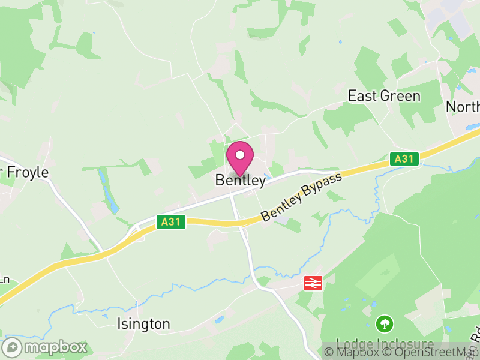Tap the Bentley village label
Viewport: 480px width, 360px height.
(240, 180)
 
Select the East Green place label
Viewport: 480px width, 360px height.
(384, 96)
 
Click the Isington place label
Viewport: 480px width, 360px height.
(143, 324)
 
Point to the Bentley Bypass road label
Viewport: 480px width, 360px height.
(301, 197)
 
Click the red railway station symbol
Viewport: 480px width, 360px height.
(313, 283)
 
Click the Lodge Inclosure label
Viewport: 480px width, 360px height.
(385, 344)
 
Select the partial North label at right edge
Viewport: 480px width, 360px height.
(463, 107)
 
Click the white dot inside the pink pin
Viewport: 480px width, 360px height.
(240, 155)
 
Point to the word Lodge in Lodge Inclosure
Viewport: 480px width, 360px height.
(353, 344)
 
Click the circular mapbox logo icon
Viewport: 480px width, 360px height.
(12, 347)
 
